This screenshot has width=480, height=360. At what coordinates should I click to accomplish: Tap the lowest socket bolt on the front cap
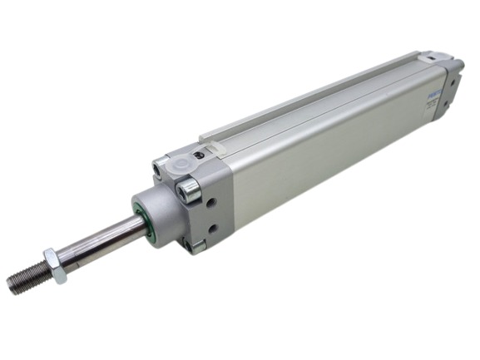point(197,244)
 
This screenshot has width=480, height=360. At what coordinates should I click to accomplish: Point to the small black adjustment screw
point(200,155)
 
